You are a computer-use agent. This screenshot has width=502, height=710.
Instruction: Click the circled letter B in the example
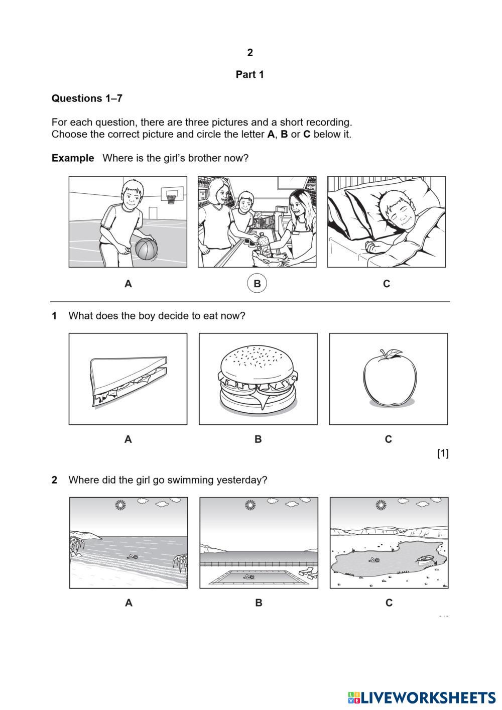click(257, 284)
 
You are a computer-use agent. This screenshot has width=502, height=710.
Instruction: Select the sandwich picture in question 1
click(128, 379)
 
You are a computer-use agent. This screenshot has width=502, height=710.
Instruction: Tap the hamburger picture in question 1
click(258, 379)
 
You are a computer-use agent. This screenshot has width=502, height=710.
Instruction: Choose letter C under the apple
click(388, 439)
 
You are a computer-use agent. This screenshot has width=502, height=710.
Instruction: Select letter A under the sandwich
click(128, 439)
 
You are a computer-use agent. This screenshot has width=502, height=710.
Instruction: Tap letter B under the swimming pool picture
click(259, 603)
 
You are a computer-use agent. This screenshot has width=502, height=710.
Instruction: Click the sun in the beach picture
click(119, 505)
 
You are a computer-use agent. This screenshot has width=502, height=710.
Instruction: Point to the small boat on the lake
click(425, 559)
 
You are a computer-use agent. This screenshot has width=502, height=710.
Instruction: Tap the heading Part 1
click(249, 75)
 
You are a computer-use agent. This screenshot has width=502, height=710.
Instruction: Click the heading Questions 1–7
click(87, 98)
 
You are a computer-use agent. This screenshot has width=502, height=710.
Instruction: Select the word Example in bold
click(73, 158)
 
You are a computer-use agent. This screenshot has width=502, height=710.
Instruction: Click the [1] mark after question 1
click(443, 453)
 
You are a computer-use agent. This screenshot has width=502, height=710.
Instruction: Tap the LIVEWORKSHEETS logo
click(422, 697)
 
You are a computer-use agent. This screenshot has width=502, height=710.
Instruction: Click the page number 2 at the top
click(250, 53)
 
